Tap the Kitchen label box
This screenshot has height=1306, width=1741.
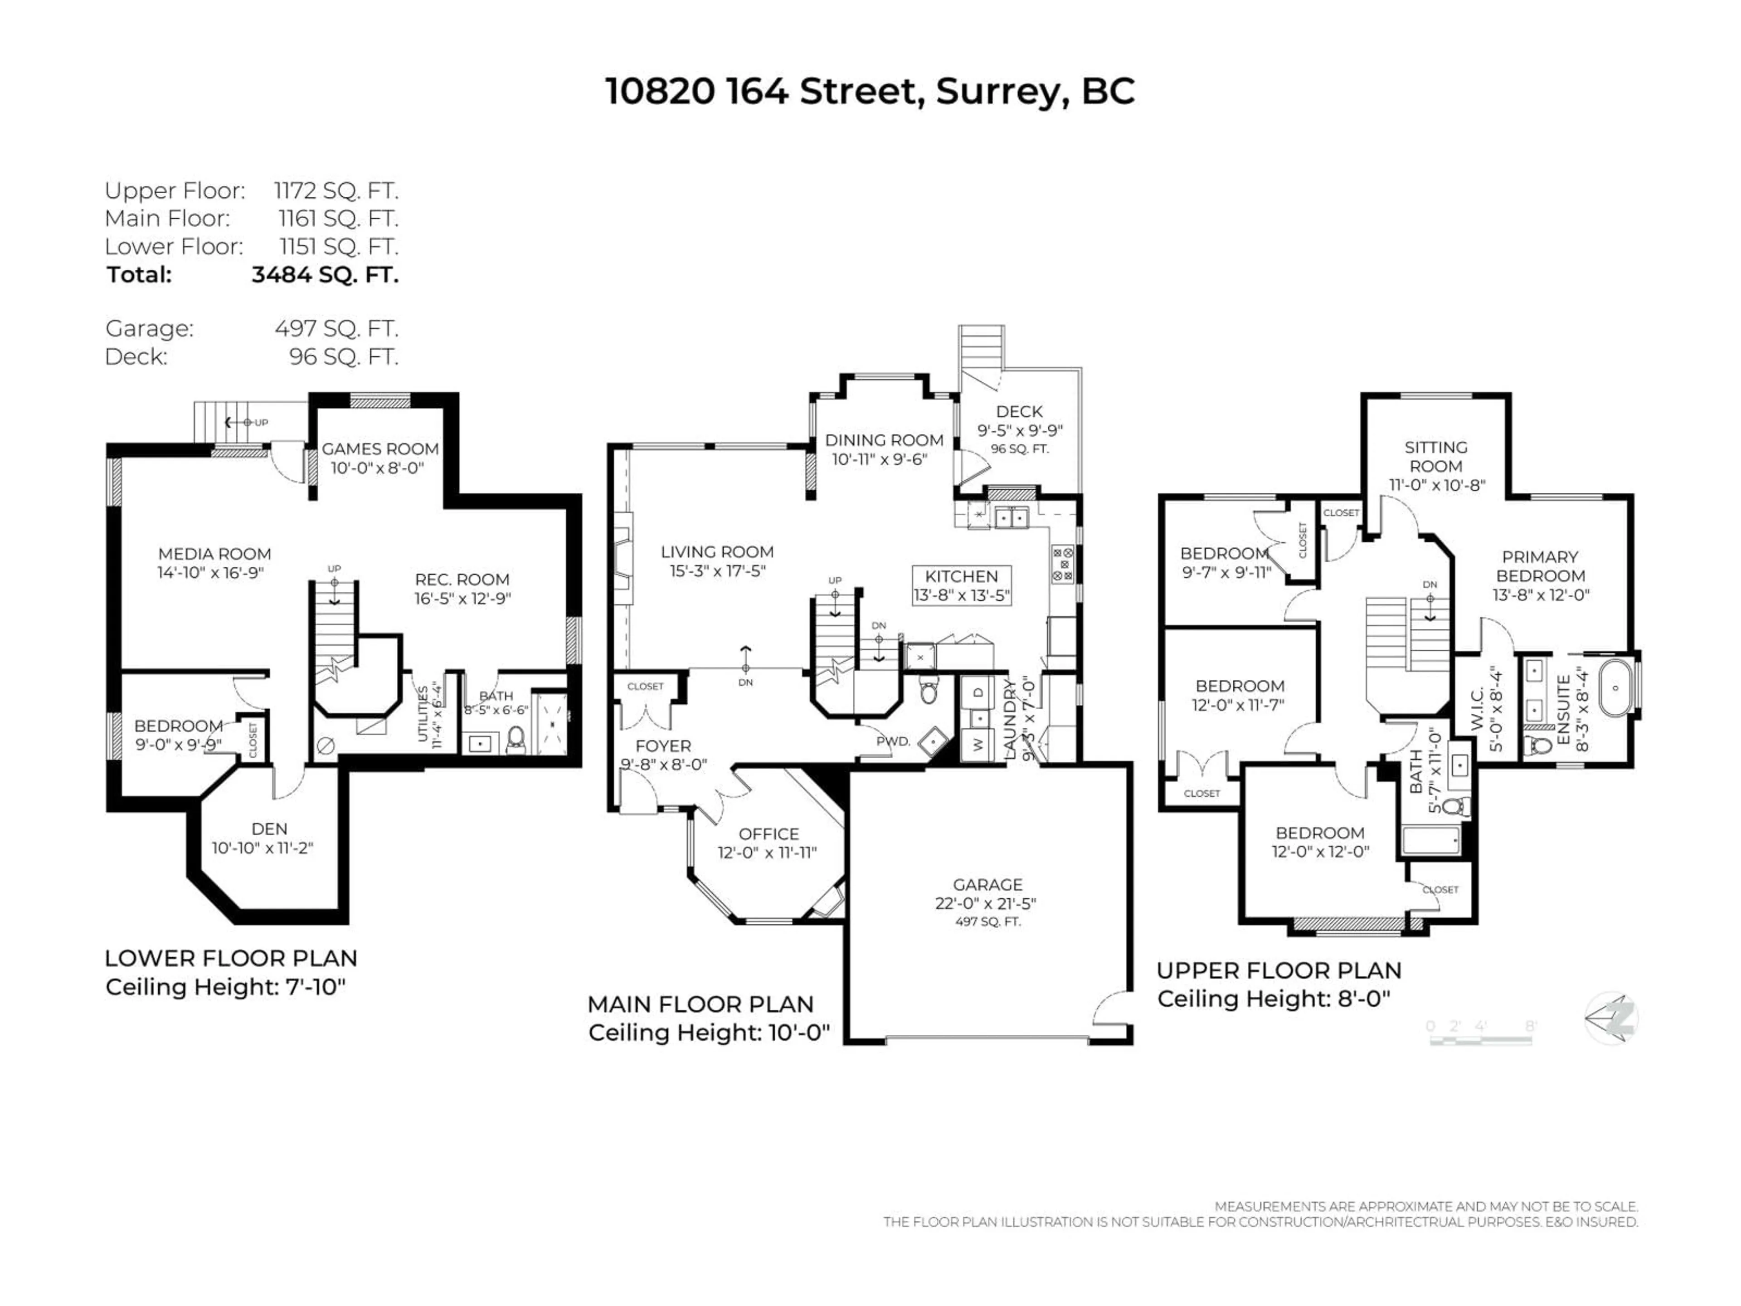pos(961,585)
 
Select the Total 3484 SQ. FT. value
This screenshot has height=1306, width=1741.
pos(324,275)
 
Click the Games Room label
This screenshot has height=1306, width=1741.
pos(380,449)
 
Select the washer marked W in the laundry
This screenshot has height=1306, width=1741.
pos(978,744)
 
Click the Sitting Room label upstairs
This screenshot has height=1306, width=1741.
pos(1435,457)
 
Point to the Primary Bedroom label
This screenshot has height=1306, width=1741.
pos(1540,566)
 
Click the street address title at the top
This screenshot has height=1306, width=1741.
pos(870,91)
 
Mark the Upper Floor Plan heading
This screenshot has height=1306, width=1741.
pos(1278,970)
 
